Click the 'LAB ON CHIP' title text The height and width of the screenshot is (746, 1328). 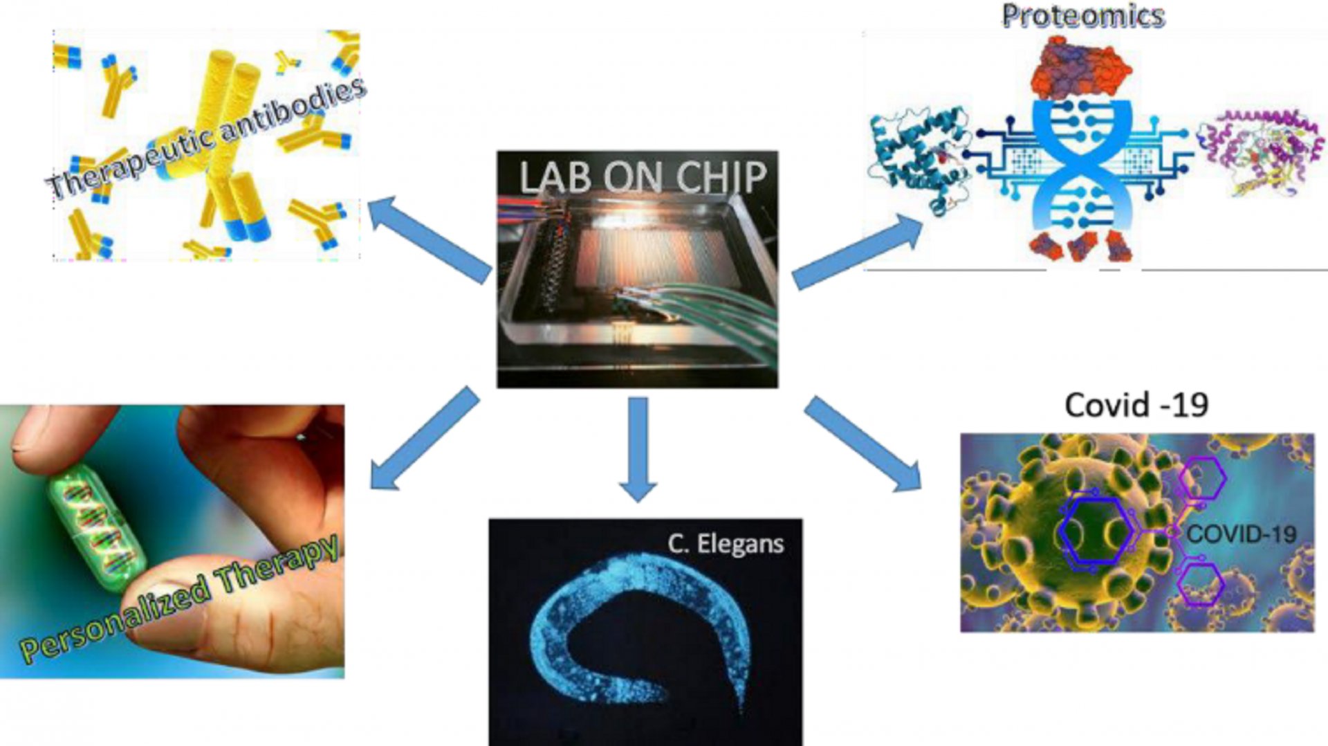643,178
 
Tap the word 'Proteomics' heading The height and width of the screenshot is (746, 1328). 1083,16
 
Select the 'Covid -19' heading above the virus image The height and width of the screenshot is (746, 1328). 1136,405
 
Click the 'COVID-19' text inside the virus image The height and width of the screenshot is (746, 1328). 1241,534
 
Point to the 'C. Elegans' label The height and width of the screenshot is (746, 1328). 726,544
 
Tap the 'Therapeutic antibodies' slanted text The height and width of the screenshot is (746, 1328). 205,138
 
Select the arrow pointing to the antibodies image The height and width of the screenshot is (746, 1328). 429,239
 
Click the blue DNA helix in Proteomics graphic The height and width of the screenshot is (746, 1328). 1082,166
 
